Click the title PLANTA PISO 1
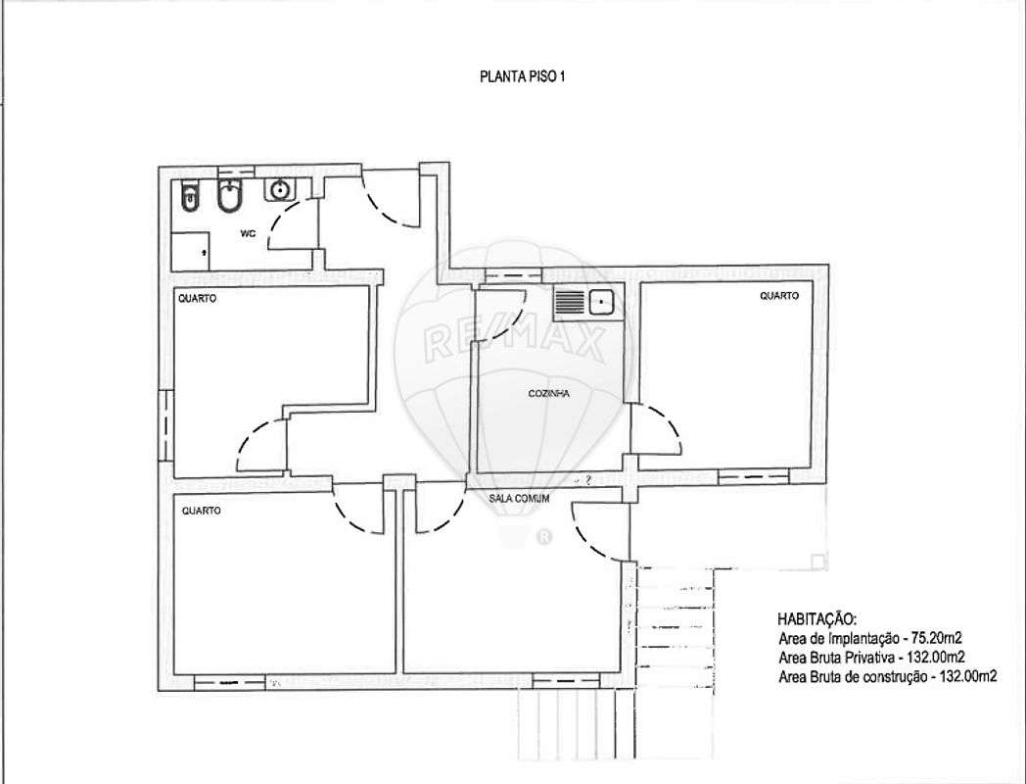pyautogui.click(x=522, y=76)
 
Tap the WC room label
pyautogui.click(x=248, y=233)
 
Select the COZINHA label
pyautogui.click(x=548, y=394)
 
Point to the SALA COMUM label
pyautogui.click(x=519, y=499)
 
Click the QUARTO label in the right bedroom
pyautogui.click(x=779, y=296)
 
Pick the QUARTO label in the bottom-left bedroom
pyautogui.click(x=202, y=511)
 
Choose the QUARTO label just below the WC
pyautogui.click(x=198, y=299)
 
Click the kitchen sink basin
pyautogui.click(x=600, y=303)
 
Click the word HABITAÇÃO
pyautogui.click(x=816, y=619)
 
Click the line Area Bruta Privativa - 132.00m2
pyautogui.click(x=871, y=657)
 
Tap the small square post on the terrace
pyautogui.click(x=817, y=562)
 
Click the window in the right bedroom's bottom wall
pyautogui.click(x=753, y=477)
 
